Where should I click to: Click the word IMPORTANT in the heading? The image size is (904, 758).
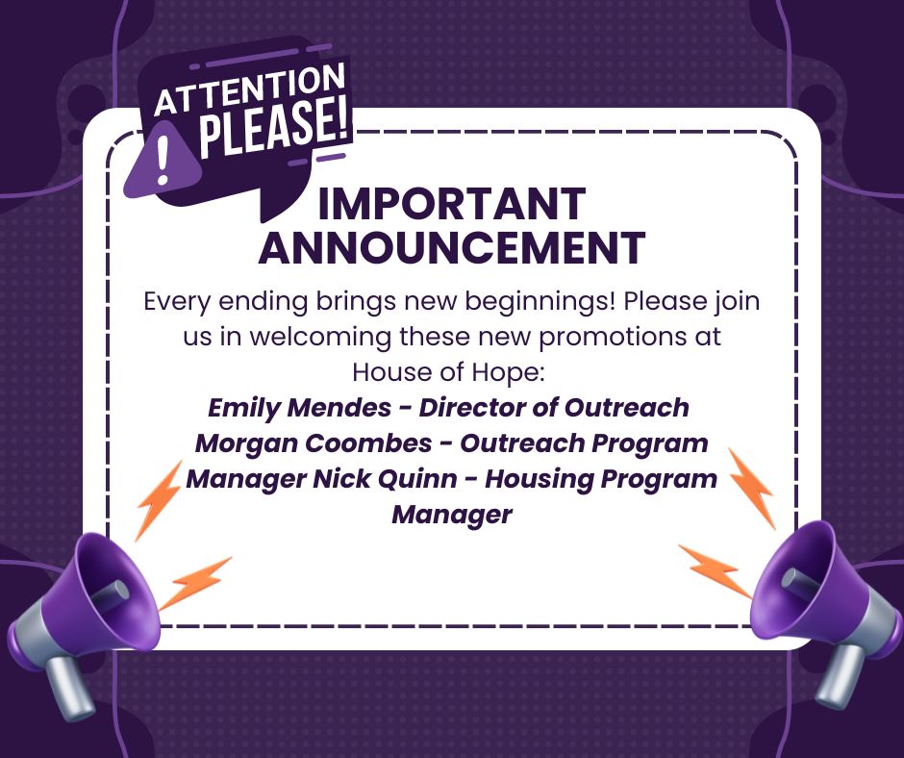pyautogui.click(x=451, y=204)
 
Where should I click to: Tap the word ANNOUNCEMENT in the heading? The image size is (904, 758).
pyautogui.click(x=451, y=247)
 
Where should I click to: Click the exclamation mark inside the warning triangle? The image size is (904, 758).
pyautogui.click(x=163, y=160)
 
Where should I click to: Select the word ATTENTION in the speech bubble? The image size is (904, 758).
pyautogui.click(x=249, y=88)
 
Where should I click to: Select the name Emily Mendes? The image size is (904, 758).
pyautogui.click(x=299, y=408)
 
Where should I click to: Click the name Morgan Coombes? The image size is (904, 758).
pyautogui.click(x=314, y=443)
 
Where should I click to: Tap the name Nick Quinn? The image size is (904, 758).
pyautogui.click(x=385, y=479)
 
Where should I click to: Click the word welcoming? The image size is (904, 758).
pyautogui.click(x=320, y=338)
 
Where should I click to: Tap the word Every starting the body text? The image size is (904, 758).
pyautogui.click(x=177, y=302)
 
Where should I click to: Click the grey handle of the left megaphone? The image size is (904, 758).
pyautogui.click(x=70, y=687)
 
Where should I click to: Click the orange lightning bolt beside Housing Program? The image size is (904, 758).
pyautogui.click(x=751, y=488)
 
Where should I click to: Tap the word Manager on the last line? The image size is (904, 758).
pyautogui.click(x=451, y=516)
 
